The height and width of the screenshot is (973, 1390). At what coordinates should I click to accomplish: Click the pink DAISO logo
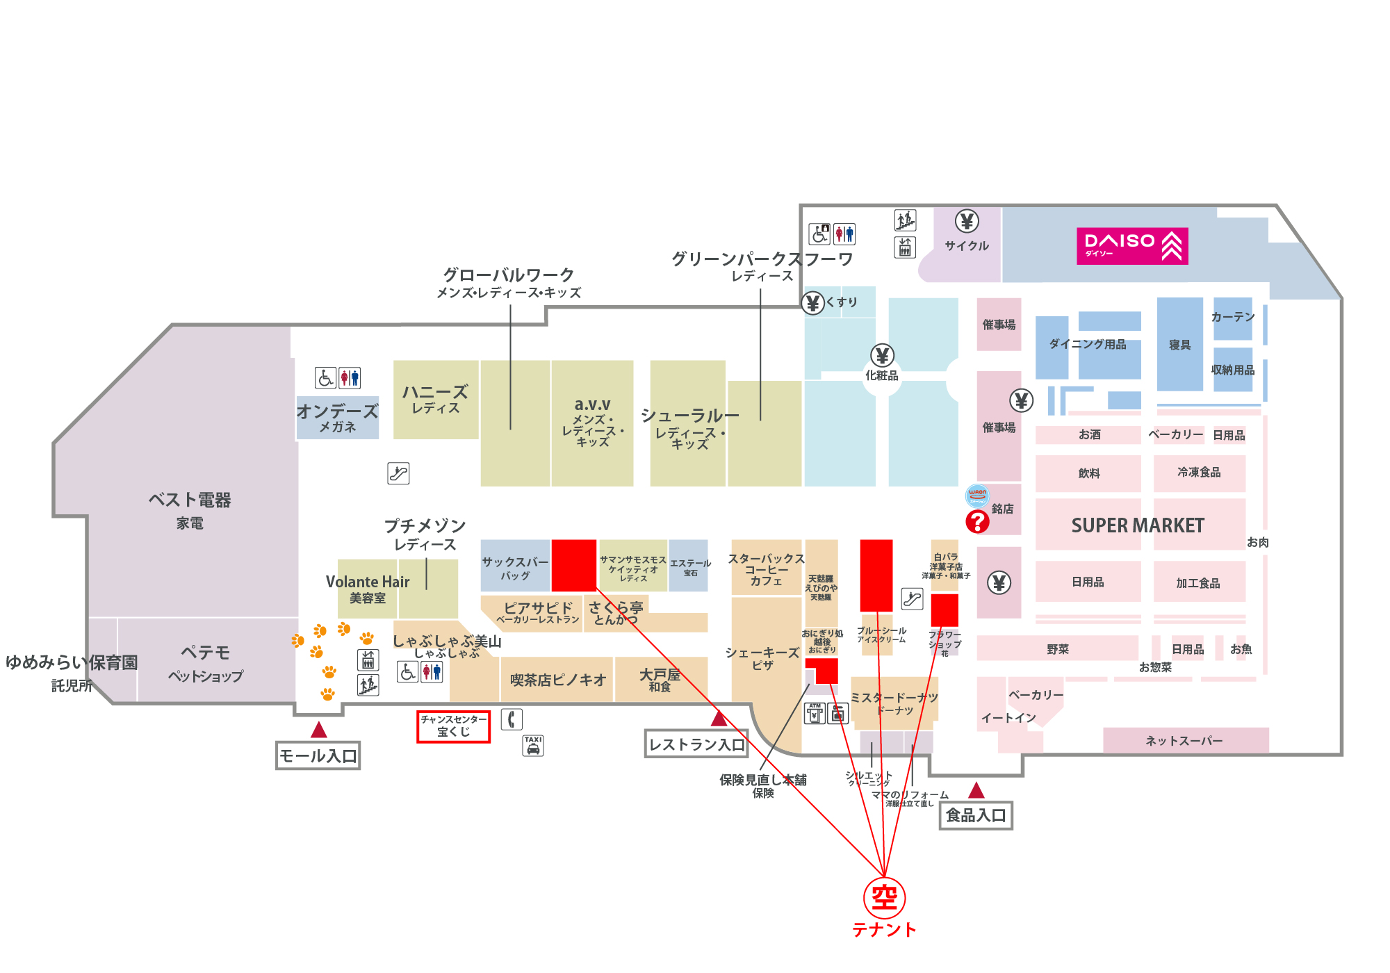(1132, 246)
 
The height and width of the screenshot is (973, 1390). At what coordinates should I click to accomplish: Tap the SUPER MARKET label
(1138, 525)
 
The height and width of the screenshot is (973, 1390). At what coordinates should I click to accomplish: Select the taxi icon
(533, 746)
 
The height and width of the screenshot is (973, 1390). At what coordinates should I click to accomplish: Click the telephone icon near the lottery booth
(512, 719)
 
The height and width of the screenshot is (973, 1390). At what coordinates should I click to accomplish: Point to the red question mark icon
(977, 521)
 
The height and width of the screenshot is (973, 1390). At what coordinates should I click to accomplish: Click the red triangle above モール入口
(319, 730)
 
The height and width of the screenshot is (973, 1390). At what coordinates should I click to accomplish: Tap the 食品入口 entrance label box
(976, 815)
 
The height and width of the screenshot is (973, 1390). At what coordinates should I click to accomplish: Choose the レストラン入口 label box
(696, 744)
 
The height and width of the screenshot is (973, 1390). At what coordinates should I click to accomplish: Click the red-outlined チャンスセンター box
(453, 726)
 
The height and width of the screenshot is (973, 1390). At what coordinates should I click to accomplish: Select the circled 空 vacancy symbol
(884, 897)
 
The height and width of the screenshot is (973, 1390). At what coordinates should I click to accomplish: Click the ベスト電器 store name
(190, 500)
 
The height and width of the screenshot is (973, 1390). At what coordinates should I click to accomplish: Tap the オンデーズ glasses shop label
(338, 412)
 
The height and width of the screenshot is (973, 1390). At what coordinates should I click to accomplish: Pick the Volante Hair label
(368, 582)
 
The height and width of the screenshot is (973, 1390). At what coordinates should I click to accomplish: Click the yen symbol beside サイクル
(967, 222)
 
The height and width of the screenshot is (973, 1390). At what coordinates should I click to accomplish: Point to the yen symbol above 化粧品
(882, 356)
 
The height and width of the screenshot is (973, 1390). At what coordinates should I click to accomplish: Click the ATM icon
(815, 713)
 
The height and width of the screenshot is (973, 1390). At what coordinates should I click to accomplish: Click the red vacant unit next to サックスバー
(574, 565)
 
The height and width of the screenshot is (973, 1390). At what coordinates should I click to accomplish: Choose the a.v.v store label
(592, 404)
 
